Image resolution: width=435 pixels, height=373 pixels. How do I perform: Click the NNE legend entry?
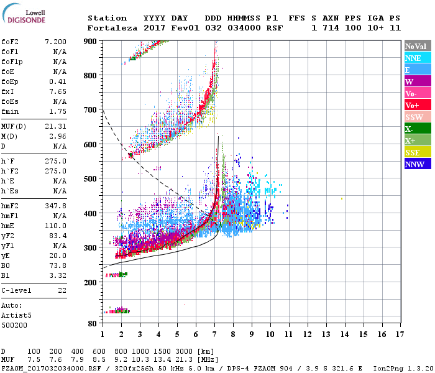(x=416, y=58)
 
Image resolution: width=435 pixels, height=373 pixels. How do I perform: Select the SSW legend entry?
(x=416, y=117)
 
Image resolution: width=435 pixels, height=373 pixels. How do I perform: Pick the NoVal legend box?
(x=416, y=46)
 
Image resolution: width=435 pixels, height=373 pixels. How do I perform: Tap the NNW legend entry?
(x=416, y=164)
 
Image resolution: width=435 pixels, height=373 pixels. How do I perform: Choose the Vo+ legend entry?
(x=416, y=105)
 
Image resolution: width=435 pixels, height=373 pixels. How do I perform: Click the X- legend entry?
(x=416, y=129)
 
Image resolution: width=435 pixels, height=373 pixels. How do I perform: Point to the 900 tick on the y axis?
(x=91, y=41)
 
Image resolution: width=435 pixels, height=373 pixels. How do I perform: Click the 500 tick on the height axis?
(x=91, y=179)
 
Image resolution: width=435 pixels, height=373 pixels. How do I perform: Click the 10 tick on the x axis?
(x=270, y=334)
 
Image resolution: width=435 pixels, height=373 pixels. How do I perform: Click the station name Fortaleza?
(x=107, y=28)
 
